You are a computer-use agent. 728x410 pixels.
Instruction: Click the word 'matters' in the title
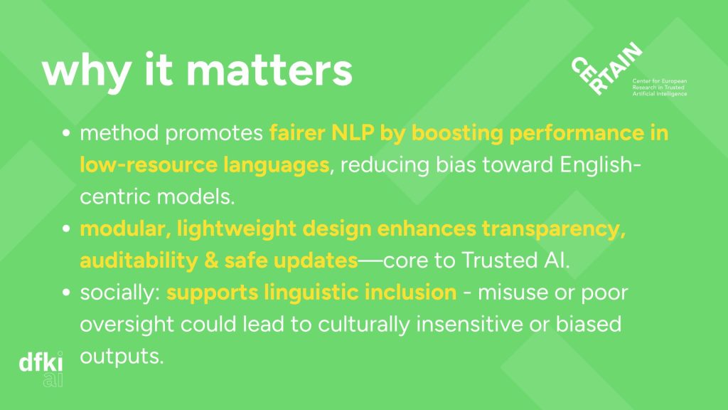(269, 70)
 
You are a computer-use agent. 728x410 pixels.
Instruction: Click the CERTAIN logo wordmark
(606, 69)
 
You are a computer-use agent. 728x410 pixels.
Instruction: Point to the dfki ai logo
(41, 369)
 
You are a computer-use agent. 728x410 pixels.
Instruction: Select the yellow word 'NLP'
(353, 133)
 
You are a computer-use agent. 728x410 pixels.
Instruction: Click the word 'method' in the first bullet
(119, 133)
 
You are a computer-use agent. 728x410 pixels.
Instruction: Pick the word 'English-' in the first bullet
(600, 165)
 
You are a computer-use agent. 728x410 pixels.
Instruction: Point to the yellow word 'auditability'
(139, 261)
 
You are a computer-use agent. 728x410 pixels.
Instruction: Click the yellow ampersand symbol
(211, 261)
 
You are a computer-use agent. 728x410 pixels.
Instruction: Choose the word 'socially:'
(119, 293)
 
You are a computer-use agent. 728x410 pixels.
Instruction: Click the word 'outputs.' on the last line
(122, 357)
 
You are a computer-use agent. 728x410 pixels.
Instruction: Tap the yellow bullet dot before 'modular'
(66, 228)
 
